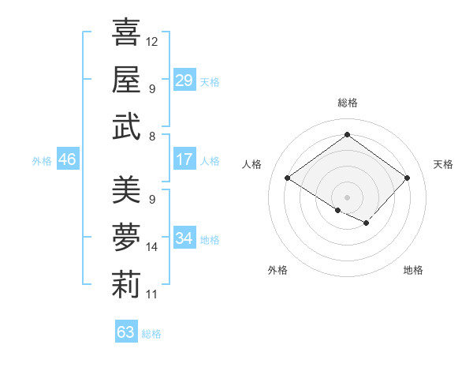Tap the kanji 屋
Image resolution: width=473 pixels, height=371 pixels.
126,80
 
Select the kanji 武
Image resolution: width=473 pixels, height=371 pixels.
126,128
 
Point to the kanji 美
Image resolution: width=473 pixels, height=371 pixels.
126,189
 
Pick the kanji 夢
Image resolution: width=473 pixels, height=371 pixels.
126,238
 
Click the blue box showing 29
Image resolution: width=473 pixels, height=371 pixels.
184,80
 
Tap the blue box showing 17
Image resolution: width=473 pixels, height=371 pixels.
184,159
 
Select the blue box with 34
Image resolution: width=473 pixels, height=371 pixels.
184,238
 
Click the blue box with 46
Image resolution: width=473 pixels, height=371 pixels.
67,159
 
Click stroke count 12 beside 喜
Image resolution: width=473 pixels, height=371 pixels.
152,41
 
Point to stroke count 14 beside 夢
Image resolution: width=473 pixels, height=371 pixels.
152,247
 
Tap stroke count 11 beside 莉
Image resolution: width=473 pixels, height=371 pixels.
152,294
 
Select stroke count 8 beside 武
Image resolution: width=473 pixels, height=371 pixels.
151,137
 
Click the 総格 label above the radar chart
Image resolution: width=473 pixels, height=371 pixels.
347,103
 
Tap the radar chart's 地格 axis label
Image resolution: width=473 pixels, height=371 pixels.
413,270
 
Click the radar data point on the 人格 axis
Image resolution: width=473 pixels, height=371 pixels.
288,178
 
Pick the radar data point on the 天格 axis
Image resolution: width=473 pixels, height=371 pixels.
407,178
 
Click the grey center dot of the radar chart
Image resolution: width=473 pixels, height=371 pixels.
347,196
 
